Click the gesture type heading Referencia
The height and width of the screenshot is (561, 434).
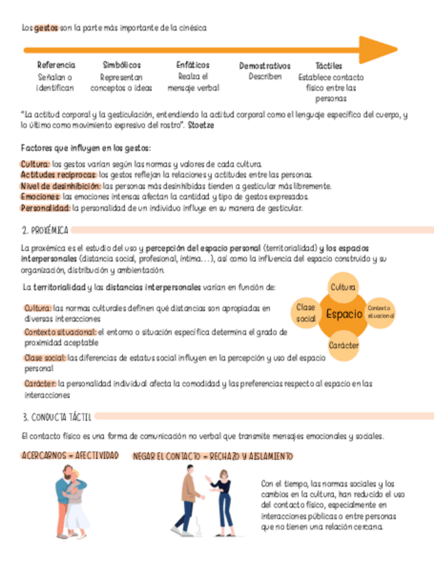[56, 65]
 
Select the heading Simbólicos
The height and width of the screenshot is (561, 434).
[122, 65]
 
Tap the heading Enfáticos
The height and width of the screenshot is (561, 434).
[193, 65]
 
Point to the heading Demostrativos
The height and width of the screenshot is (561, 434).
[265, 66]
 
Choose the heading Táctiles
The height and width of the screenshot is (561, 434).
[329, 66]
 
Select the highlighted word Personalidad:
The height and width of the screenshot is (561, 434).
[45, 208]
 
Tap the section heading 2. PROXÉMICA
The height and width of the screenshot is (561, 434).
[45, 230]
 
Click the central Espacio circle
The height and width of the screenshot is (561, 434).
[343, 314]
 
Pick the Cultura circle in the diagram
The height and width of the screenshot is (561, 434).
[343, 287]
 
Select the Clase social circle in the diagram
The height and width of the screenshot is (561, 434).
[306, 313]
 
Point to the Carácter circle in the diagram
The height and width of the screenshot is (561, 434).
[344, 345]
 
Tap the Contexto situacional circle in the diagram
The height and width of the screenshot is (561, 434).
[380, 312]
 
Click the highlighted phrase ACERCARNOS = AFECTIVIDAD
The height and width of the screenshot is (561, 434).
[70, 456]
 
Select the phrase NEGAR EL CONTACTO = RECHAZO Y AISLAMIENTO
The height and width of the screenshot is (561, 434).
[212, 456]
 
